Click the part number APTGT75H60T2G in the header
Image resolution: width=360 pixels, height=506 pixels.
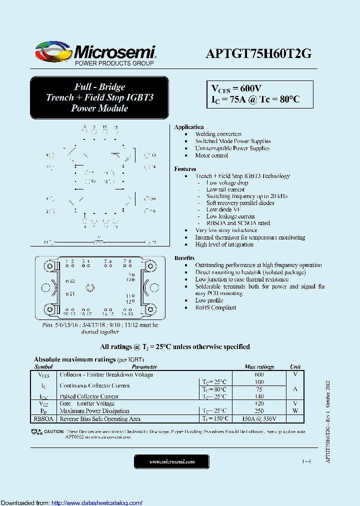tap(258, 54)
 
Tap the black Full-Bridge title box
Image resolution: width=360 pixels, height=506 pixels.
tap(99, 97)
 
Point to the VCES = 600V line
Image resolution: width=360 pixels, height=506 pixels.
tap(235, 88)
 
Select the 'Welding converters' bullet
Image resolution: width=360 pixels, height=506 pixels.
tap(218, 134)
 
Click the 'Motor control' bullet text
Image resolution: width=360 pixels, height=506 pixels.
tap(211, 155)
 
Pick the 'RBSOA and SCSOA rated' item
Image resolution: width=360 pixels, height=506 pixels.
tap(238, 223)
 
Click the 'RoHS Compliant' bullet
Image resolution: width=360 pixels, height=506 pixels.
tap(215, 307)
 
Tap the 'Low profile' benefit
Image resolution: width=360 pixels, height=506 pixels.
tap(209, 300)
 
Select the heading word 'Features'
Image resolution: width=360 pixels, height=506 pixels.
tap(185, 169)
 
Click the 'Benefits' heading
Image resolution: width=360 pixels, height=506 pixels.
tap(184, 258)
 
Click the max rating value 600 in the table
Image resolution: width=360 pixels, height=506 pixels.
tap(259, 374)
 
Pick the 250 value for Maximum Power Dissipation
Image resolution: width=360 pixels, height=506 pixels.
tap(259, 411)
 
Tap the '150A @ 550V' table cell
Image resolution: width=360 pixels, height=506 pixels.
tap(259, 419)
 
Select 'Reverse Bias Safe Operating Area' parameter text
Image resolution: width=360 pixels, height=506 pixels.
tap(100, 419)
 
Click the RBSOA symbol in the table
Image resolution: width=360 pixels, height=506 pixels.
tap(44, 419)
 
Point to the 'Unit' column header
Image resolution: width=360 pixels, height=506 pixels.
tap(295, 366)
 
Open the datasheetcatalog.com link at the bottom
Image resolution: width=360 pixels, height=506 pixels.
tap(97, 502)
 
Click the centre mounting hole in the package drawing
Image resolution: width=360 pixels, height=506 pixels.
tap(90, 287)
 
